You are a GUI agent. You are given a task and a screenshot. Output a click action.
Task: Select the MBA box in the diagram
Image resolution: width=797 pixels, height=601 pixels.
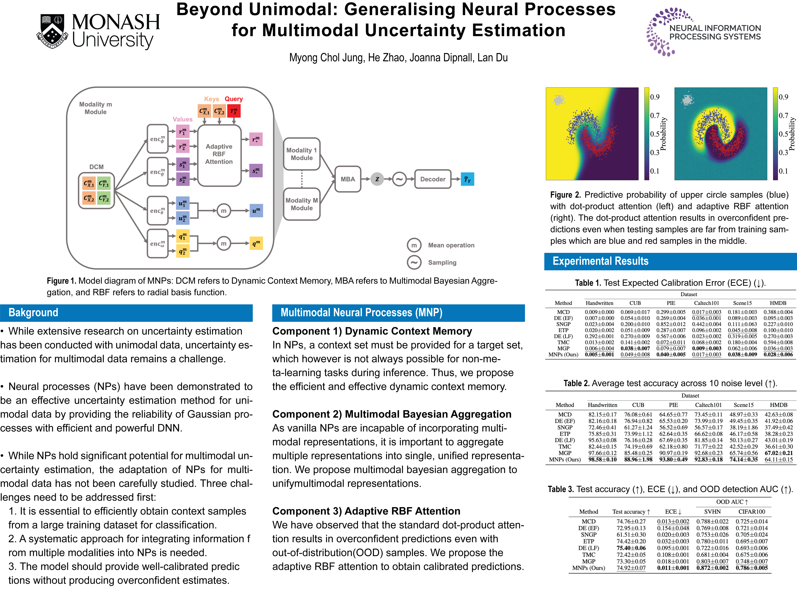tap(348, 179)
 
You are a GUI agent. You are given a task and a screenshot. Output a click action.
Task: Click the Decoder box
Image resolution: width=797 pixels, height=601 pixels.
tap(433, 179)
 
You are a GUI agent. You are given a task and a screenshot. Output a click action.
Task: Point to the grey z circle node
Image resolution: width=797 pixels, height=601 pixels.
tap(377, 179)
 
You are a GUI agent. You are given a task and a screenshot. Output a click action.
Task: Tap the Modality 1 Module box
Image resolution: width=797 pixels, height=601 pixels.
tap(302, 154)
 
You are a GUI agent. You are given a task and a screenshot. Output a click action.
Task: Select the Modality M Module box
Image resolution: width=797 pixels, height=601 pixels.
tap(302, 204)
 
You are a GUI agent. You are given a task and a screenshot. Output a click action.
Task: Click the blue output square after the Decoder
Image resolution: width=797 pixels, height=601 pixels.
tap(467, 179)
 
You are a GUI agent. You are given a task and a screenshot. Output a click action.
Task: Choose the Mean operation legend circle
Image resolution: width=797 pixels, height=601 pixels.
tap(414, 245)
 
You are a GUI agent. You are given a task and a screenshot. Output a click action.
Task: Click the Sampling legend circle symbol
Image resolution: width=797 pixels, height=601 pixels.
tap(414, 263)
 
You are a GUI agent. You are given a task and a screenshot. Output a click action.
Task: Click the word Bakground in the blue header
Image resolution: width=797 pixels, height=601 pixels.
tap(33, 313)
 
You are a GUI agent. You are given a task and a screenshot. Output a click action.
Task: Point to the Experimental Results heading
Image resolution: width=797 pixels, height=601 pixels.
tap(600, 261)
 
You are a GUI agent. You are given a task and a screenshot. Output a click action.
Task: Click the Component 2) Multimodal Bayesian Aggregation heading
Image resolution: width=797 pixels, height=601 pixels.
tap(392, 414)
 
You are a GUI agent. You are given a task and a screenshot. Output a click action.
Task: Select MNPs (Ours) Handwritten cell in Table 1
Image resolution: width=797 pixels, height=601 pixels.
tap(599, 355)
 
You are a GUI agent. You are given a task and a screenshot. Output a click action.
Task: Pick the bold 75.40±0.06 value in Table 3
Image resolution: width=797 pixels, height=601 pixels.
tap(631, 548)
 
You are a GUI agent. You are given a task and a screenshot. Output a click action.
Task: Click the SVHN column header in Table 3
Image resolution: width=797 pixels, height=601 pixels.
tap(712, 512)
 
